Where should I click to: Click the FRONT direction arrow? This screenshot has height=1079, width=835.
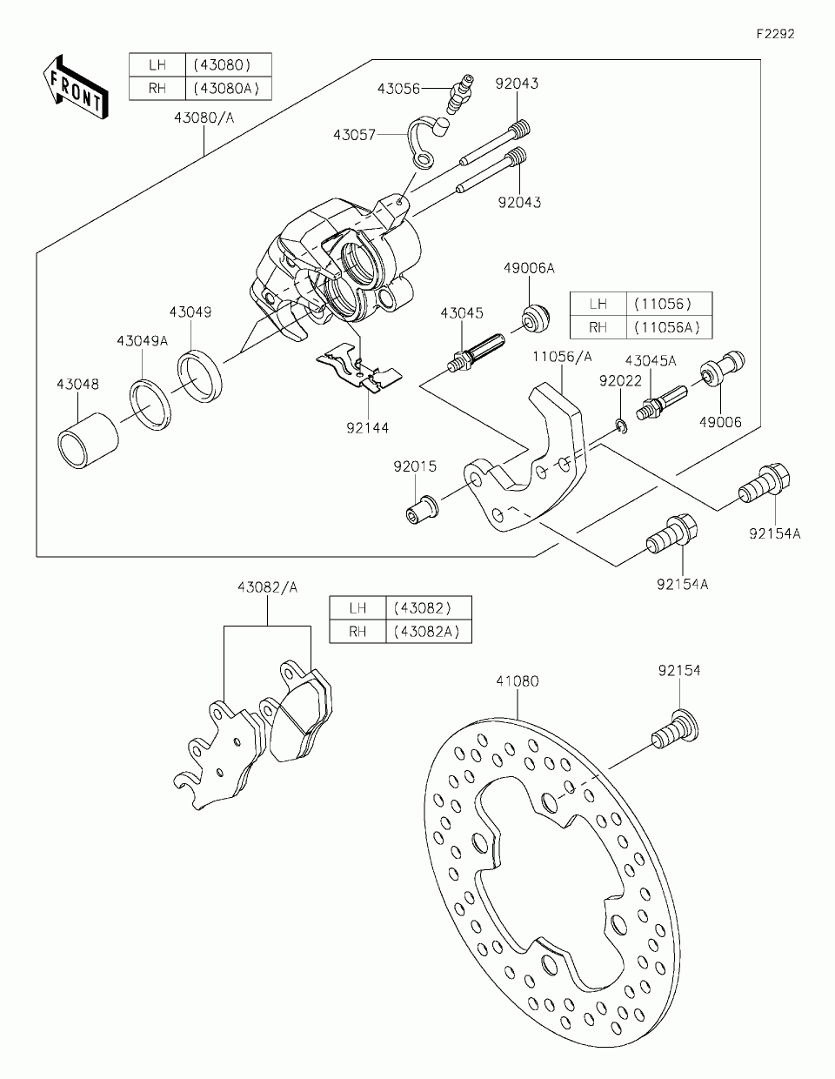(x=76, y=87)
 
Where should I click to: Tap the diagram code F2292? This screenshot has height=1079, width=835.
(x=776, y=34)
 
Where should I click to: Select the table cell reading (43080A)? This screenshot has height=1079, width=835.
(x=228, y=89)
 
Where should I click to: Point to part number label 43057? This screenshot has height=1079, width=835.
(x=354, y=135)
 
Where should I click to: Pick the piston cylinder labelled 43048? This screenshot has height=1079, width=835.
(x=88, y=440)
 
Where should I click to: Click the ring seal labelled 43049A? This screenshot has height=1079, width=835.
(x=150, y=405)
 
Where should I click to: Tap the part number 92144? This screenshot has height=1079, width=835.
(x=368, y=427)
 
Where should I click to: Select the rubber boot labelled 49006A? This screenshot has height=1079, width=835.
(x=536, y=316)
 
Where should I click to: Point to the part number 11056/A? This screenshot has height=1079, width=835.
(x=562, y=357)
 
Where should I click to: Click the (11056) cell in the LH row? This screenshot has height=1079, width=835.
(x=669, y=304)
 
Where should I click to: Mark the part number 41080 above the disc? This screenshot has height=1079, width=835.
(x=518, y=680)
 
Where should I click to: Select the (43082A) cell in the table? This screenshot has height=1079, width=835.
(x=429, y=631)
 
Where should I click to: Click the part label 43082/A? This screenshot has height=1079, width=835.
(x=267, y=587)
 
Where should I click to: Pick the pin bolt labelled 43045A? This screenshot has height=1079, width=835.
(x=662, y=402)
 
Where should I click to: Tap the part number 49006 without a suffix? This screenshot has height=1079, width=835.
(x=720, y=422)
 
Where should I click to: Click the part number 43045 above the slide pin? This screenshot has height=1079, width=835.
(x=461, y=313)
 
